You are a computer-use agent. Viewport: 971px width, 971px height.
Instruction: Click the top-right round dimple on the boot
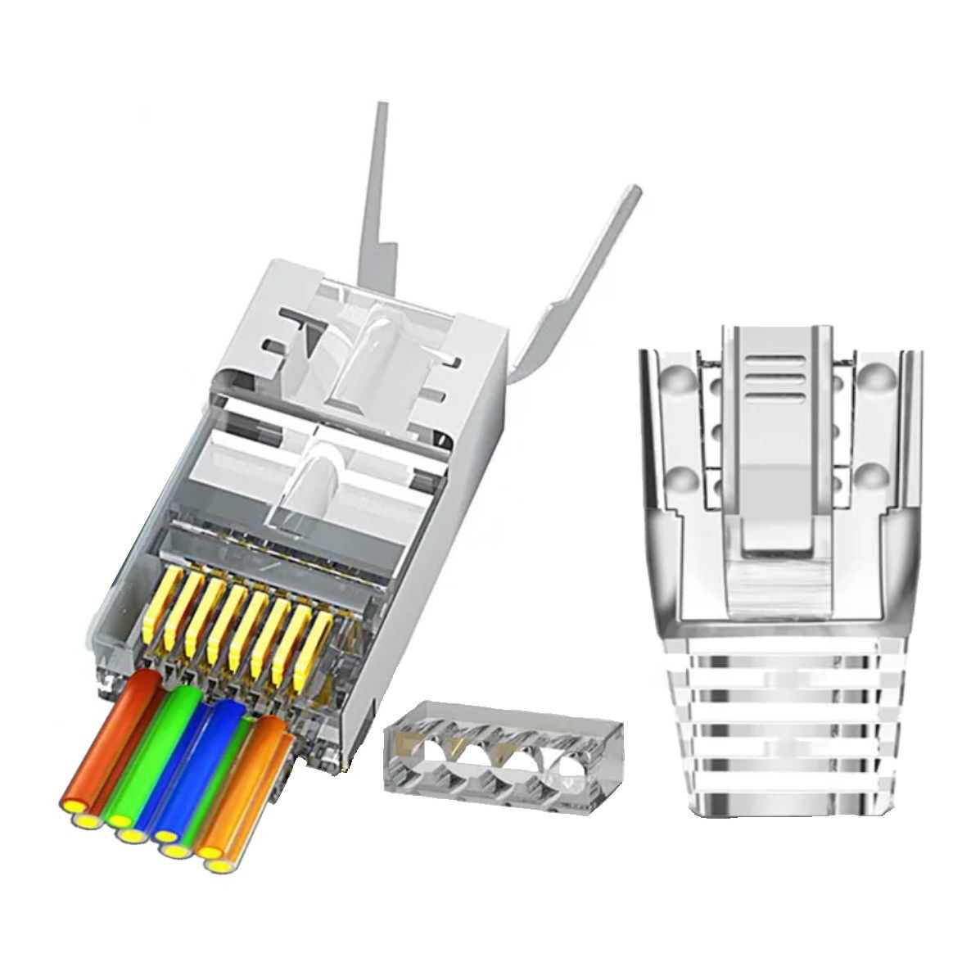point(874,374)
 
